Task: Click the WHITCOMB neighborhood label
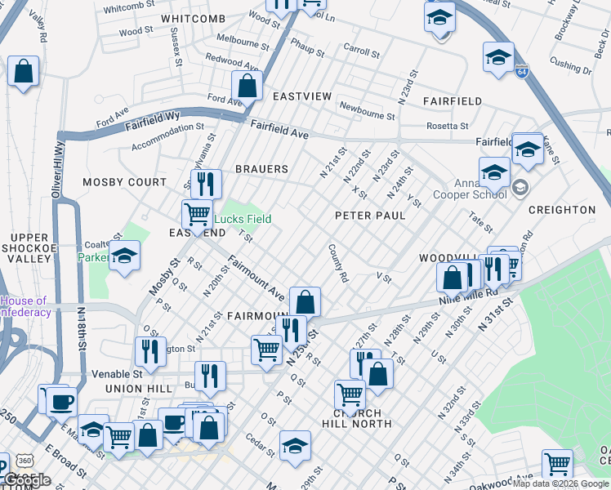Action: [x=193, y=19]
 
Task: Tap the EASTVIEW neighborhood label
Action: [x=302, y=96]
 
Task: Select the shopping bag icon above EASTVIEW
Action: [x=246, y=86]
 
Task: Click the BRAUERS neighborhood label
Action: [x=261, y=169]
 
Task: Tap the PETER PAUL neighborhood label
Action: [x=370, y=216]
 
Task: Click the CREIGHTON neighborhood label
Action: [x=562, y=210]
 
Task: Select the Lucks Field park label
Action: [x=243, y=219]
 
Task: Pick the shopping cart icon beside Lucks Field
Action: [x=197, y=215]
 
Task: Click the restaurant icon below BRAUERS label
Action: [x=206, y=184]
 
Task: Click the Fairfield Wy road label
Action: [x=152, y=123]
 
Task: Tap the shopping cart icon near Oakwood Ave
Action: [x=557, y=464]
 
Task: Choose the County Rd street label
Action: [x=338, y=263]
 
